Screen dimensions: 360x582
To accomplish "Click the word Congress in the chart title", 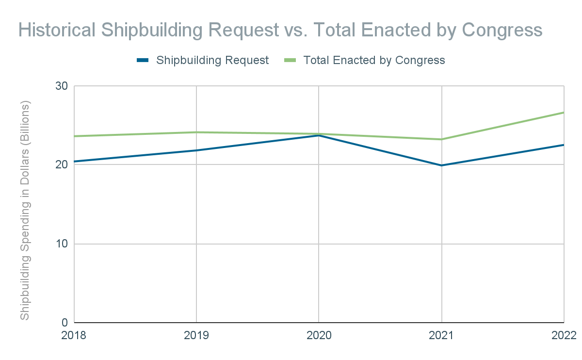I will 501,30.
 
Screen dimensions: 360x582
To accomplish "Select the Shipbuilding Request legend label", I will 212,60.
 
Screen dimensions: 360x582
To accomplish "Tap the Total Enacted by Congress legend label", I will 374,60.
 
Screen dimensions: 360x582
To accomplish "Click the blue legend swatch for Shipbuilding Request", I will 143,60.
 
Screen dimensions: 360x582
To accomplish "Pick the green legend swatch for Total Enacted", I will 290,60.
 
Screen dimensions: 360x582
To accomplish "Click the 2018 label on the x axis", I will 74,335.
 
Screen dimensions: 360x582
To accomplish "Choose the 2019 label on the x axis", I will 196,335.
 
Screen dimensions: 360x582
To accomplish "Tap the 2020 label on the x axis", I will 318,335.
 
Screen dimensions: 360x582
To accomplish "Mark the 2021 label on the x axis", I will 441,335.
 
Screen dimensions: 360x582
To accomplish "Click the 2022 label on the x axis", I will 564,335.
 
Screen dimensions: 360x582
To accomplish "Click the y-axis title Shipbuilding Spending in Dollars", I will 25,210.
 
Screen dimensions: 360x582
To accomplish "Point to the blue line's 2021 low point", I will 441,165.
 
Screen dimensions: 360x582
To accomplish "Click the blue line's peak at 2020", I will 319,135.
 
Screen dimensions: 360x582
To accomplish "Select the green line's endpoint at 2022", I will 564,113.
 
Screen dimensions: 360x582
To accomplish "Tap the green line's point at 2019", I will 196,132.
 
